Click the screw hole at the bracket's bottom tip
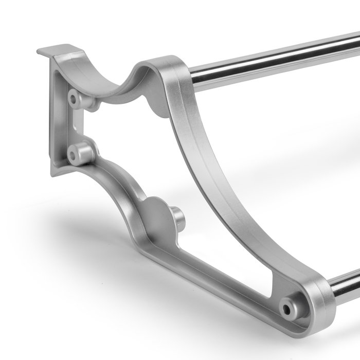tap(285, 309)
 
